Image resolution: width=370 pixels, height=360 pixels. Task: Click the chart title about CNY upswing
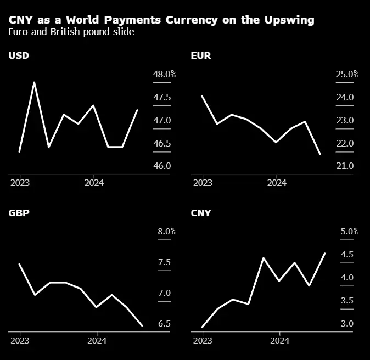[161, 20]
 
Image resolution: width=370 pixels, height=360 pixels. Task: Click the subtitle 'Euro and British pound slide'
[71, 32]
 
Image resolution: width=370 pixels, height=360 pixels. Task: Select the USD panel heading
[19, 55]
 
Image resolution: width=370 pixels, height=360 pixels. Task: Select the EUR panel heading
[200, 55]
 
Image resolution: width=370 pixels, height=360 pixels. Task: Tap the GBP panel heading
[19, 213]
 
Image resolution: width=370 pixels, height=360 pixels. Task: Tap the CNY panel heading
[200, 213]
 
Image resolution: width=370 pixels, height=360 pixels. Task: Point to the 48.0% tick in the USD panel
[164, 75]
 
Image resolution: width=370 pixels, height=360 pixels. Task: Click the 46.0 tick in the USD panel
[161, 166]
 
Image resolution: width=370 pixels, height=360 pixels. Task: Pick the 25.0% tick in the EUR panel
[346, 75]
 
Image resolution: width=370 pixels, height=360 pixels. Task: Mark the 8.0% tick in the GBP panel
[166, 232]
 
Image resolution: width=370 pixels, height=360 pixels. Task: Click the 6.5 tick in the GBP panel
[164, 324]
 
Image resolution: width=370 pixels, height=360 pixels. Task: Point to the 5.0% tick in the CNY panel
[349, 232]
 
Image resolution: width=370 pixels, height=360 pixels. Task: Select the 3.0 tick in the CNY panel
[346, 324]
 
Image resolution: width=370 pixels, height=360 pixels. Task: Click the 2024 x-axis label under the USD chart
[94, 183]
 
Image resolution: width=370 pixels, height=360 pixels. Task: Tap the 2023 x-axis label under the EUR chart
[203, 183]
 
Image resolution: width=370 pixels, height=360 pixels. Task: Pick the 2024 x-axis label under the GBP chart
[97, 341]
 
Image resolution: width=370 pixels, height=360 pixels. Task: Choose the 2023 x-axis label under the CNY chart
[203, 341]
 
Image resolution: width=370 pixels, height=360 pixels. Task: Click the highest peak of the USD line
[35, 82]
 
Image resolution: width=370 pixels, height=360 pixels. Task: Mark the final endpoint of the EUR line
[320, 154]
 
